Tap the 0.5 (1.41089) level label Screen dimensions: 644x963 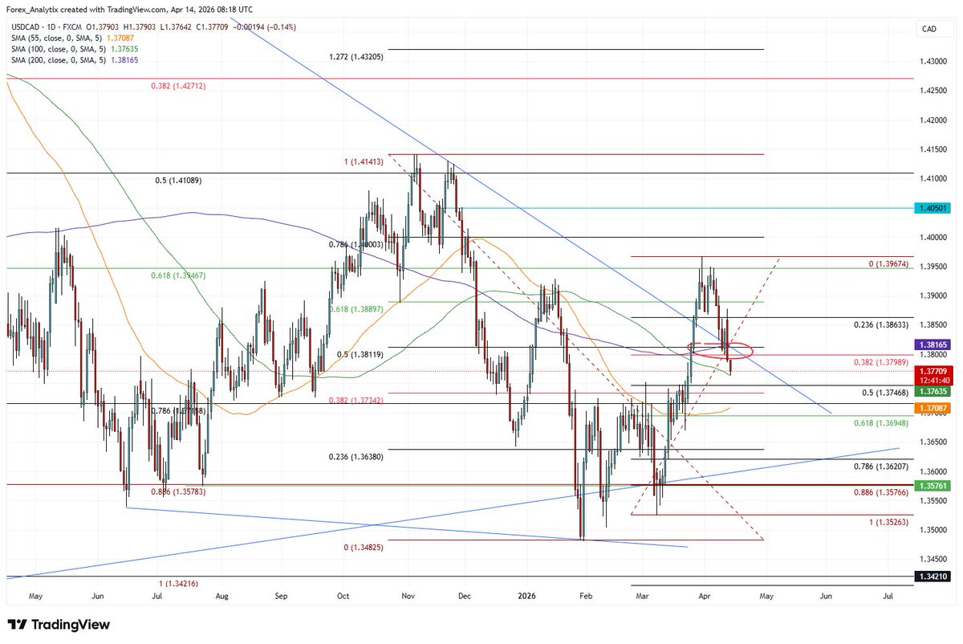point(178,181)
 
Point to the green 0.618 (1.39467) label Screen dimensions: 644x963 point(178,275)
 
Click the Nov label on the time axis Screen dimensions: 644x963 point(408,597)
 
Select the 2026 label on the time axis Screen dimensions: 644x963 point(527,597)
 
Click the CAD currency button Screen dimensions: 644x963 point(930,29)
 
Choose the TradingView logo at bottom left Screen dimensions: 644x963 point(59,625)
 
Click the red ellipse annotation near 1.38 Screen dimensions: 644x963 point(721,350)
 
